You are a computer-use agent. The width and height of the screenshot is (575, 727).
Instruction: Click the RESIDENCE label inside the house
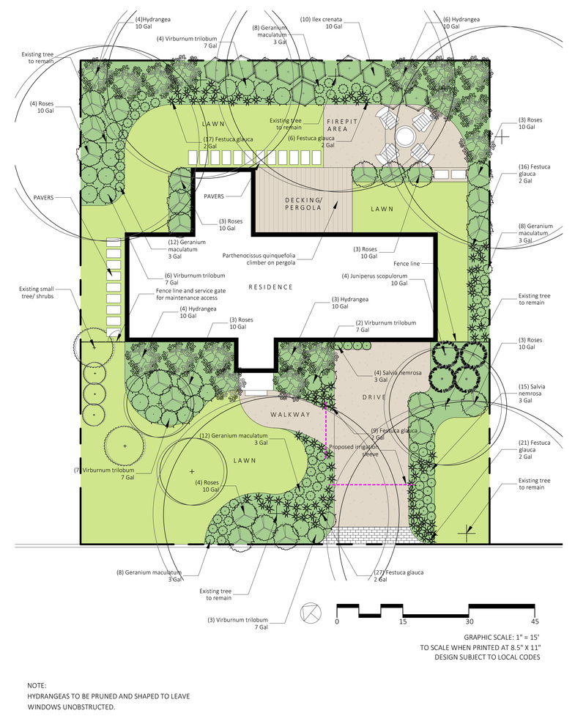coord(270,287)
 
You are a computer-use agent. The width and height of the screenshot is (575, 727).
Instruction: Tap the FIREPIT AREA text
coord(342,125)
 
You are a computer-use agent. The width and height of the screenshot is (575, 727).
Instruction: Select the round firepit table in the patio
coord(405,137)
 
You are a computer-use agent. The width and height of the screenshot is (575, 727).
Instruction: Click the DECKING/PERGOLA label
coord(303,204)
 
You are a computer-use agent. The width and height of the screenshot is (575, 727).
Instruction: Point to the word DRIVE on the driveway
coord(374,397)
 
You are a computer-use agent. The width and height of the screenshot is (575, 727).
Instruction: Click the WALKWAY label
coord(290,415)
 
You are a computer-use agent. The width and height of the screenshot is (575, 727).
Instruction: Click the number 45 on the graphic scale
coord(535,621)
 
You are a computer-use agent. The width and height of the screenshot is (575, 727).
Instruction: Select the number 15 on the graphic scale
coord(403,621)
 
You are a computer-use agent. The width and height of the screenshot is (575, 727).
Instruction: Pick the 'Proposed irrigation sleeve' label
coord(354,451)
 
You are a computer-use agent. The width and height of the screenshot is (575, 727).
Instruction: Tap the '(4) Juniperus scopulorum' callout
coord(374,279)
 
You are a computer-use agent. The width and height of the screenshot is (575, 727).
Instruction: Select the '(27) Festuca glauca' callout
coord(398,575)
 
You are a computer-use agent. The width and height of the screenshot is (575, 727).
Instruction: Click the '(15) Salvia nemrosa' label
coord(532,393)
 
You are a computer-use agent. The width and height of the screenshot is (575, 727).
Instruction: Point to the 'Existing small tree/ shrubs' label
coord(37,292)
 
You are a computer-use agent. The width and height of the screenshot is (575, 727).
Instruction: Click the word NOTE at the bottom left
coord(37,685)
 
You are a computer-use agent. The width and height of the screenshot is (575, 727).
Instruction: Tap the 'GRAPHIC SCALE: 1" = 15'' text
coord(502,638)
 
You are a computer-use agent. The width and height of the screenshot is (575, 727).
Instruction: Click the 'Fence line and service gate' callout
coord(191,294)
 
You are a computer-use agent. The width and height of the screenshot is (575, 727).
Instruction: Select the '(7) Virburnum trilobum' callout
coord(104,473)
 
